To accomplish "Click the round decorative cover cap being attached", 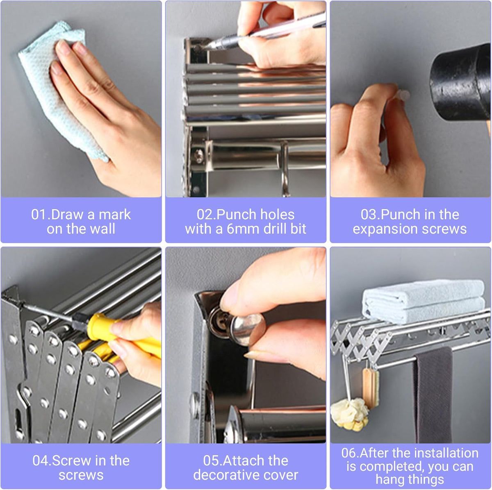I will pyautogui.click(x=246, y=328).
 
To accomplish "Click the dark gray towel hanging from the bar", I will pyautogui.click(x=433, y=393).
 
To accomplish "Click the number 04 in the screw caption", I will pyautogui.click(x=41, y=461).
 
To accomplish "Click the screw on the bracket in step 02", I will pyautogui.click(x=199, y=155).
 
